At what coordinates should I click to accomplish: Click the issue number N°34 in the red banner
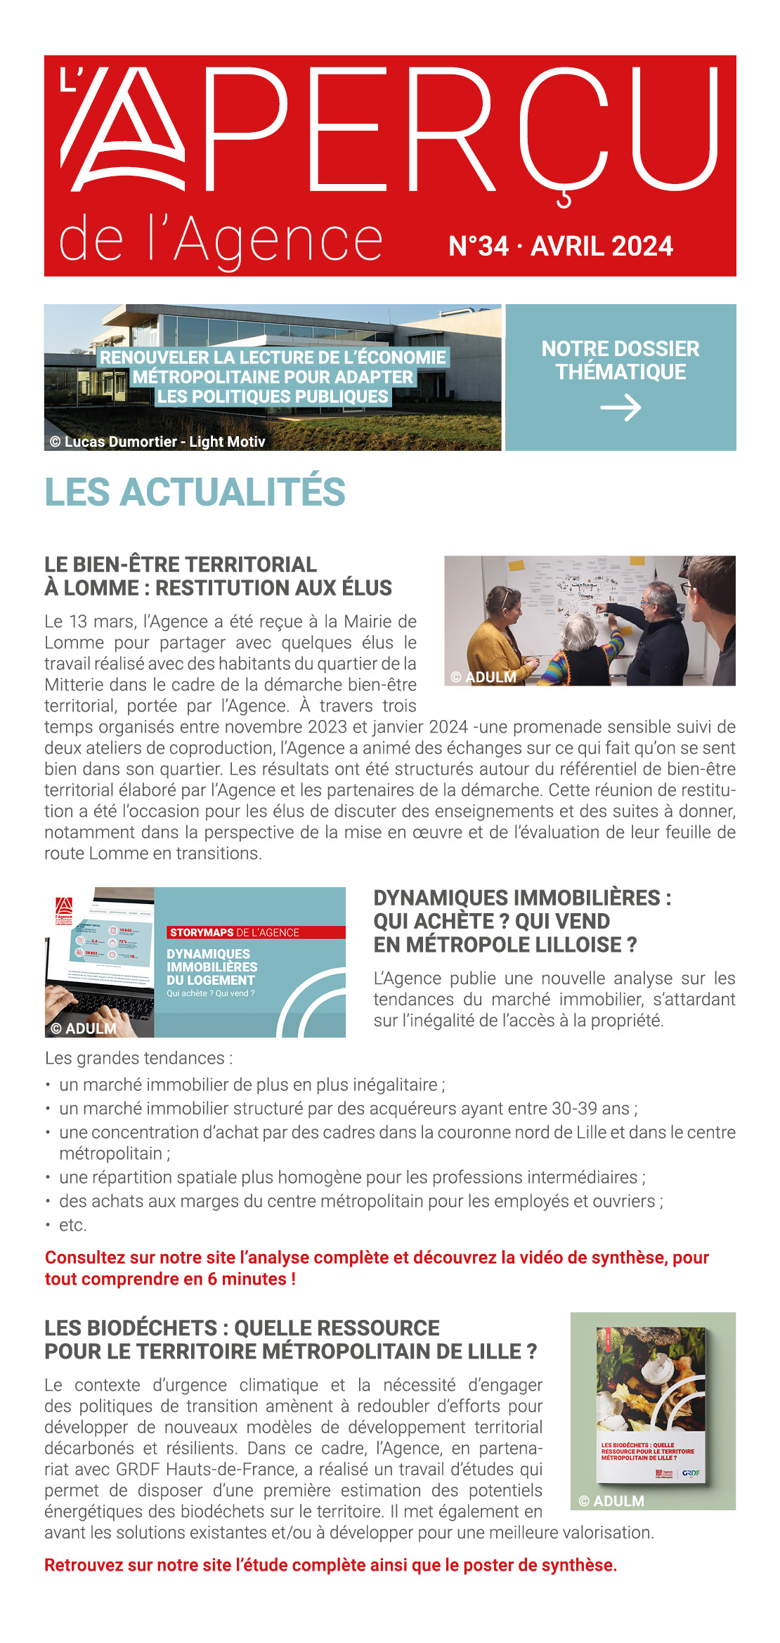(x=479, y=247)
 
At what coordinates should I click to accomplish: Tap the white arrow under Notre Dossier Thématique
(x=620, y=408)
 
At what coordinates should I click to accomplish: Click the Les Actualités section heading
(x=195, y=492)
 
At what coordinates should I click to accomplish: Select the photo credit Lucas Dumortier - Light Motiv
(x=157, y=442)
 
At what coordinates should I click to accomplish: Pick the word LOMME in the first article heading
(x=101, y=588)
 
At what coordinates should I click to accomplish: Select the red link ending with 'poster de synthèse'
(x=330, y=1565)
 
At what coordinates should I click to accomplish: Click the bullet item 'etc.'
(x=72, y=1225)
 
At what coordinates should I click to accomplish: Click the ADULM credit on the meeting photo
(x=484, y=677)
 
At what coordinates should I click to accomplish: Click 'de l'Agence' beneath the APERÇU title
(x=221, y=240)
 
